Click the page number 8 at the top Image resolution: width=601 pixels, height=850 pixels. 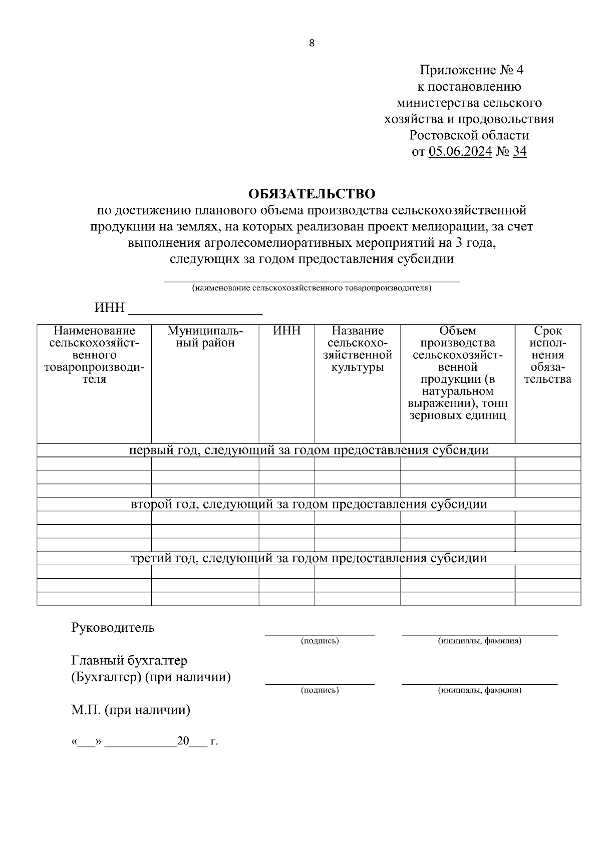312,44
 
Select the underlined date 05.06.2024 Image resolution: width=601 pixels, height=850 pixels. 460,151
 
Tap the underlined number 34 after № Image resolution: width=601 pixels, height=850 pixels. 520,151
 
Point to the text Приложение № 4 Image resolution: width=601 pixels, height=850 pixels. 471,70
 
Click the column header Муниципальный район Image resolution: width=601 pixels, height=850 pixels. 205,337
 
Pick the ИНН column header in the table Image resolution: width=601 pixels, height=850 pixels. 286,331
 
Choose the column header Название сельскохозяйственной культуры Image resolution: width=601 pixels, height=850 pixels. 357,349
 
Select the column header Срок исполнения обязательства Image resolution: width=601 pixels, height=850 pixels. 547,355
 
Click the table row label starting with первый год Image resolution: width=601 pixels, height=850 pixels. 309,450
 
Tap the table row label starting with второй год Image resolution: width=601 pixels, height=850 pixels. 309,504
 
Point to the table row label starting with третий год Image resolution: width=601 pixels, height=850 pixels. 309,558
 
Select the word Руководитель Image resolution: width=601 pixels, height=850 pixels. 113,628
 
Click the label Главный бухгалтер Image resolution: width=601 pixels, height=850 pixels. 130,661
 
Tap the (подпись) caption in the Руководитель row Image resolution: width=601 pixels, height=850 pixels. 320,641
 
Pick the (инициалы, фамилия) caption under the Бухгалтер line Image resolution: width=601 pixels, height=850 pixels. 479,690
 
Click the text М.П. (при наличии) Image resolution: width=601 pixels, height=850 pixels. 131,710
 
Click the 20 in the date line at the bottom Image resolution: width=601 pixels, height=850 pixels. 183,741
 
